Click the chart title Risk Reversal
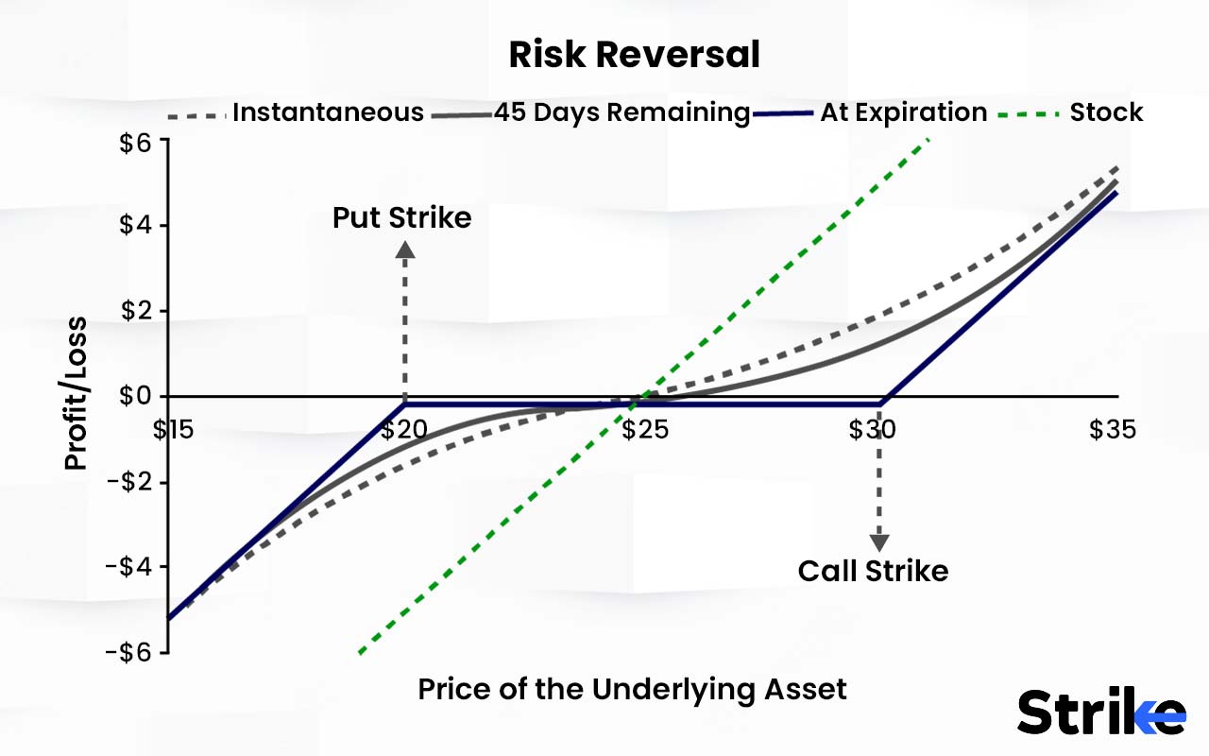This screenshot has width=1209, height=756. pos(634,56)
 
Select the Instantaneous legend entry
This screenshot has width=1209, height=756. pos(328,112)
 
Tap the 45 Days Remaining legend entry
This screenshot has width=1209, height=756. pos(622,112)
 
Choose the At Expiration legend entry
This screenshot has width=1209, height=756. pos(903,112)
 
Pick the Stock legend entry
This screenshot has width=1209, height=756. pos(1106,112)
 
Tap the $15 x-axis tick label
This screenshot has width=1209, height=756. pos(175,430)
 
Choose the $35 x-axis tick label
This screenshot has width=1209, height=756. pos(1111,430)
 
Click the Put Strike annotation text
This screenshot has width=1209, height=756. pos(401,218)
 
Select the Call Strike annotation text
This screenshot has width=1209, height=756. pos(873,571)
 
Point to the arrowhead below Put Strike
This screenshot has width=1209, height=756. pos(405,249)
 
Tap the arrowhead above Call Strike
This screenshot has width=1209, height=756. pos(879,541)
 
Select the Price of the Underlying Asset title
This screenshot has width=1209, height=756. pos(632,690)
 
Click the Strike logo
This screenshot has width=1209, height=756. pos(1101,712)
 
